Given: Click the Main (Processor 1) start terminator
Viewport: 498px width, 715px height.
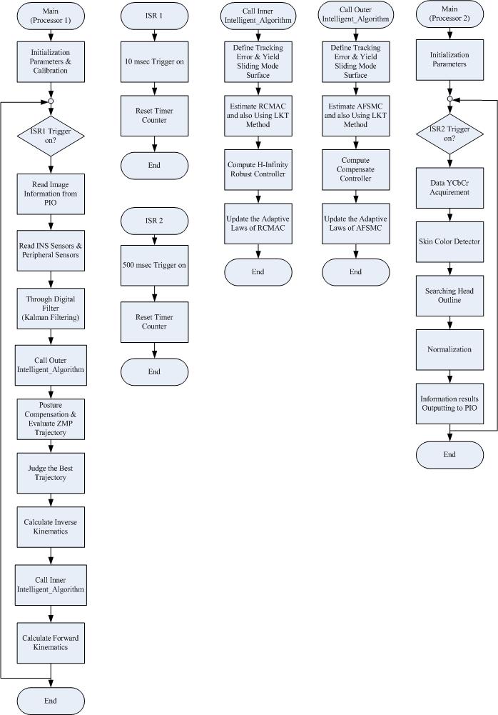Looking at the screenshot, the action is click(51, 16).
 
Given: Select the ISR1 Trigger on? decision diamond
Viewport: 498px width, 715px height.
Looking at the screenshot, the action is click(51, 136).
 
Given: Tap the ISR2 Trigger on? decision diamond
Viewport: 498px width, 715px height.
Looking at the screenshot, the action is click(449, 134).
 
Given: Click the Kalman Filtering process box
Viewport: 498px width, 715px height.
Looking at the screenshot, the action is click(51, 309).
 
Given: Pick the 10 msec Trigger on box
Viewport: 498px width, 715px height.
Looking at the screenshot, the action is click(154, 62).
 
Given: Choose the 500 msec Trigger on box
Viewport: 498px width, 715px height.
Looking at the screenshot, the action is click(154, 266).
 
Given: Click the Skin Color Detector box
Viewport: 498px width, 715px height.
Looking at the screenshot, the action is click(449, 241).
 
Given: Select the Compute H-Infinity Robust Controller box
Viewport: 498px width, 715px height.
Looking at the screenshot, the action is click(258, 169).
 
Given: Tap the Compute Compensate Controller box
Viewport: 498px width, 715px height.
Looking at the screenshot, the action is click(356, 169).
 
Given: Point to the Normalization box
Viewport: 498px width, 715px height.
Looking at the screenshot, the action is click(449, 350).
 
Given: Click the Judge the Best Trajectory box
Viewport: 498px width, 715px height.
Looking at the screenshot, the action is click(51, 473).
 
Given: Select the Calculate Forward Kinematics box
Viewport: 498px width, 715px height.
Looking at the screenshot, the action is click(51, 643).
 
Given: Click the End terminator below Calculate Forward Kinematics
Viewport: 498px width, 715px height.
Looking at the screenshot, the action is click(51, 701).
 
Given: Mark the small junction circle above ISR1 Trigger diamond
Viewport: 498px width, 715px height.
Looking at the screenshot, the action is click(51, 101).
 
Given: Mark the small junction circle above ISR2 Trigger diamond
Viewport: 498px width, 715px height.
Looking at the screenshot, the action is click(449, 99).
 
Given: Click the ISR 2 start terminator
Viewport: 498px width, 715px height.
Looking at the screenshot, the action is click(154, 221).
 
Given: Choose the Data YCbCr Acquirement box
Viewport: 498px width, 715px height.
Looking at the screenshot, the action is click(449, 188).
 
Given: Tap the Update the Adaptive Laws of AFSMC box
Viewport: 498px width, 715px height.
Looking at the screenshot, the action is click(356, 224).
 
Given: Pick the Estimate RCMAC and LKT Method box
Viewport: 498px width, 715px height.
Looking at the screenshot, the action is click(258, 116).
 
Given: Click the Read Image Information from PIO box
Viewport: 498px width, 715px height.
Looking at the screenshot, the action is click(51, 194).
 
